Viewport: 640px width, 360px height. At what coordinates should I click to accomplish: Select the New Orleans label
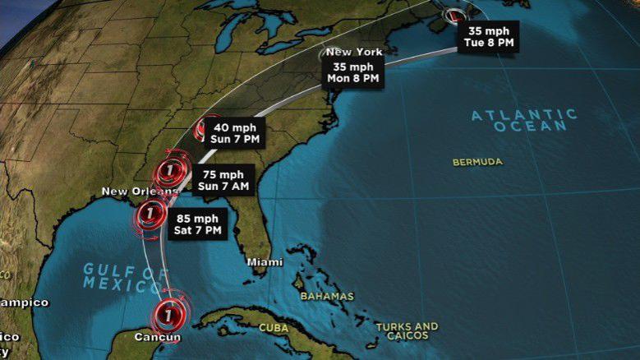coord(138,192)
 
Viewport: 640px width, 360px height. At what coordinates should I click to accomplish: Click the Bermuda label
coord(477,162)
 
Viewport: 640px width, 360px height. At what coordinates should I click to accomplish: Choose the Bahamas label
coord(327,296)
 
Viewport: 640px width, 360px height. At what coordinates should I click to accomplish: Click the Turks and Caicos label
coord(407,332)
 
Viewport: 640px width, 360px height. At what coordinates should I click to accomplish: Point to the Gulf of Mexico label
coord(122,277)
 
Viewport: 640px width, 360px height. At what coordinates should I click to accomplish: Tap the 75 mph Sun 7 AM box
coord(223,180)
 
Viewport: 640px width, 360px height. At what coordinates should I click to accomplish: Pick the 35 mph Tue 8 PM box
coord(489,33)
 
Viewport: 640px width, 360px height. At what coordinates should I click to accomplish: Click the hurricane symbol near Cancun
coord(168,313)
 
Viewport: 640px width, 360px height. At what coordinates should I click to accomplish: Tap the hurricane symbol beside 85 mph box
coord(150,215)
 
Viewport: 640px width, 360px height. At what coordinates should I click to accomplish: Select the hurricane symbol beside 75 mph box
coord(171,172)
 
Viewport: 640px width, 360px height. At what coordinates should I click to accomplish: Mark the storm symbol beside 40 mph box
coord(206,128)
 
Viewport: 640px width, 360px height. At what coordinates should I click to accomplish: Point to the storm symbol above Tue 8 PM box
coord(454,14)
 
